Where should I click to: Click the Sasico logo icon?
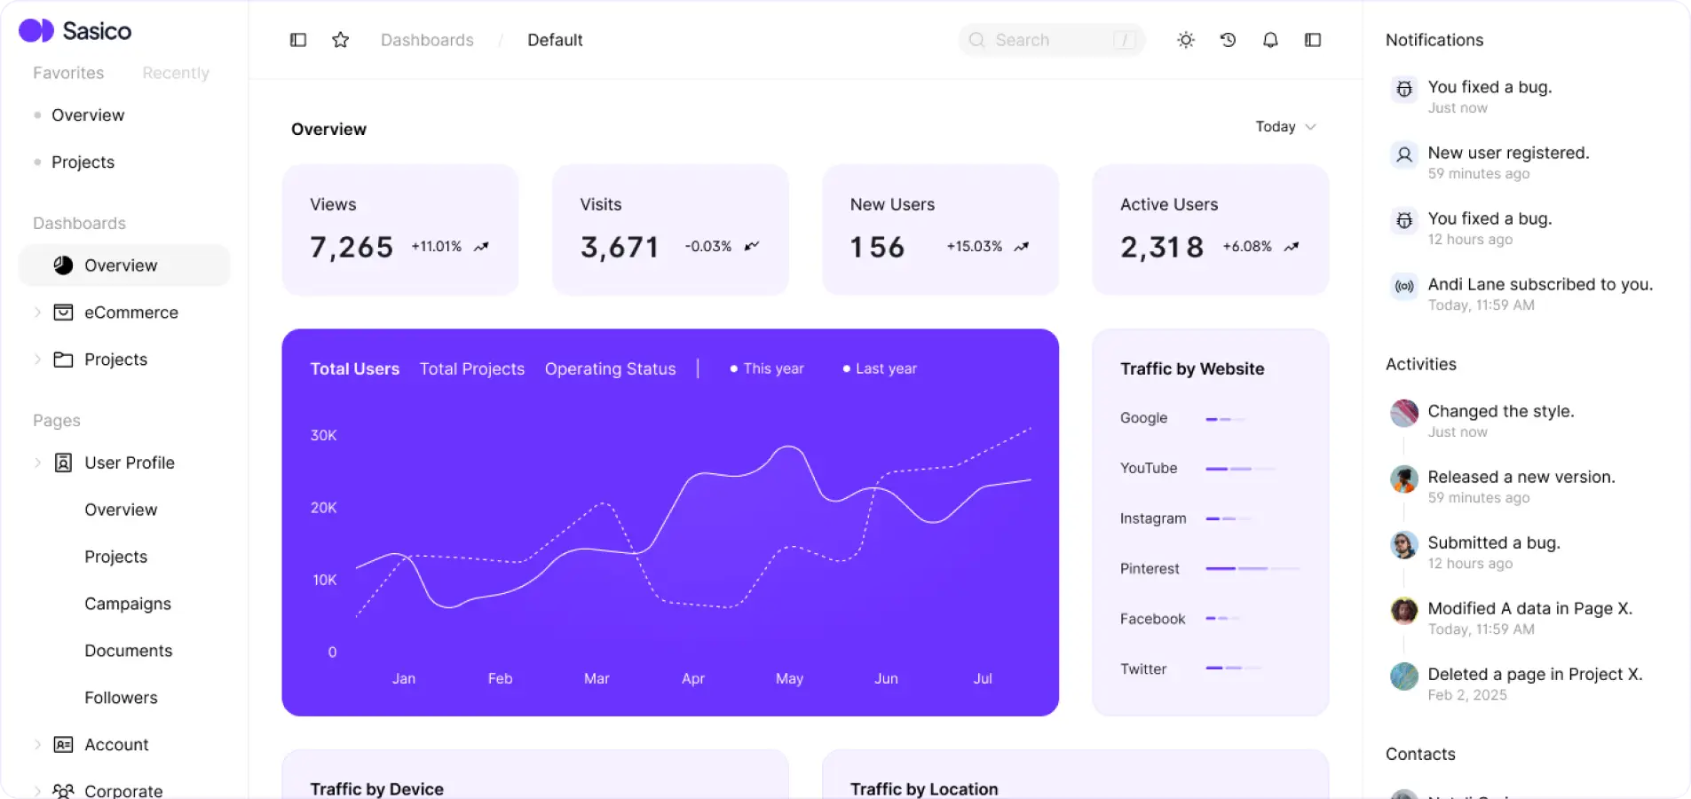(36, 31)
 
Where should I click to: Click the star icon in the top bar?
(340, 40)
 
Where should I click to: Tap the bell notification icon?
(1270, 40)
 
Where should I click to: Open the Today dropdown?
(1284, 127)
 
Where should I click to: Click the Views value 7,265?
(352, 247)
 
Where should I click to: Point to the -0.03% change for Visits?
(708, 247)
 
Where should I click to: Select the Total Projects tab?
(472, 369)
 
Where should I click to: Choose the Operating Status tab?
(611, 369)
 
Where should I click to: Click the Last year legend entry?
(885, 369)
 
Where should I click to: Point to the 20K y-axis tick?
(323, 508)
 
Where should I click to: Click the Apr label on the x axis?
(693, 679)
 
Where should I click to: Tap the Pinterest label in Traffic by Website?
(1150, 569)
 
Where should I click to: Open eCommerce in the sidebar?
(131, 312)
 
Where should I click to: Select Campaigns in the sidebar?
(128, 604)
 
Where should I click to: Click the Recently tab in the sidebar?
(176, 73)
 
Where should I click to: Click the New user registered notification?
(1508, 154)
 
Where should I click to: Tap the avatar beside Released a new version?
(1403, 479)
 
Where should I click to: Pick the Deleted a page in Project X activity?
(1535, 675)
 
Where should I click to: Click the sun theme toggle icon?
(1186, 40)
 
